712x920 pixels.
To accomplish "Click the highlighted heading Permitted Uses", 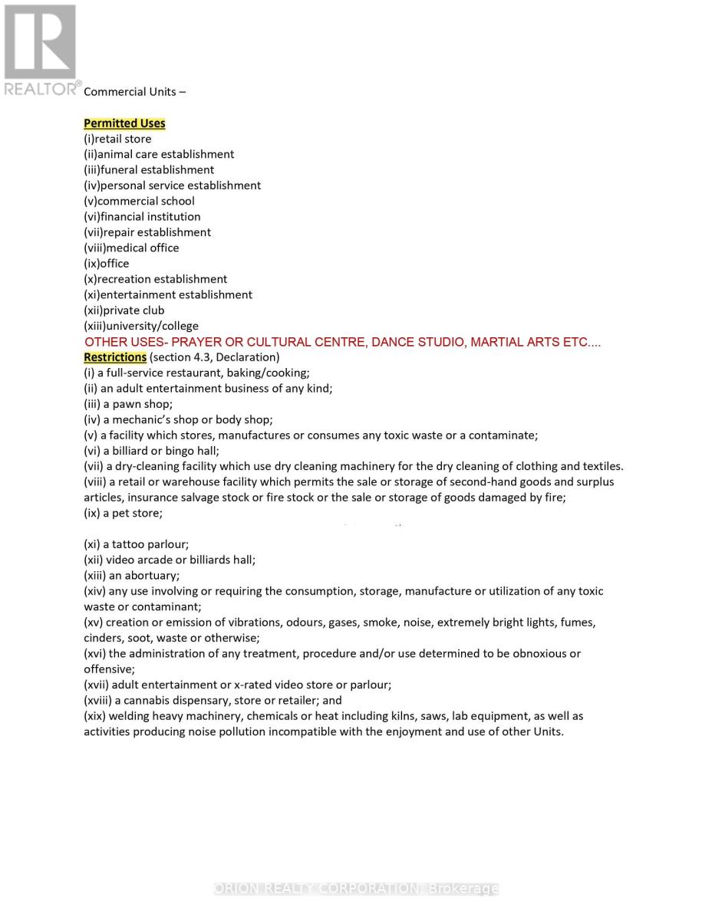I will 124,123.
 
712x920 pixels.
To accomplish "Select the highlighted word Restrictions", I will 115,357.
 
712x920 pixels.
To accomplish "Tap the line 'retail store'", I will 117,139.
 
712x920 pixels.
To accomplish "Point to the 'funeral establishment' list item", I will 149,170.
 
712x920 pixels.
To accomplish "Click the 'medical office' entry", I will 131,248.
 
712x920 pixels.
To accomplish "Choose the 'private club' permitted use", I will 124,310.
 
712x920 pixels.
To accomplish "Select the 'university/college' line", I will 141,326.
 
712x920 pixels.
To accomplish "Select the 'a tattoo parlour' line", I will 136,544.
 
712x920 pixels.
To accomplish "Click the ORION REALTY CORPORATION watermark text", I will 356,889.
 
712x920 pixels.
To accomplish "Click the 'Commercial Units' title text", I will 134,92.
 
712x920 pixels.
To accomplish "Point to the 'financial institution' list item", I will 142,217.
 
